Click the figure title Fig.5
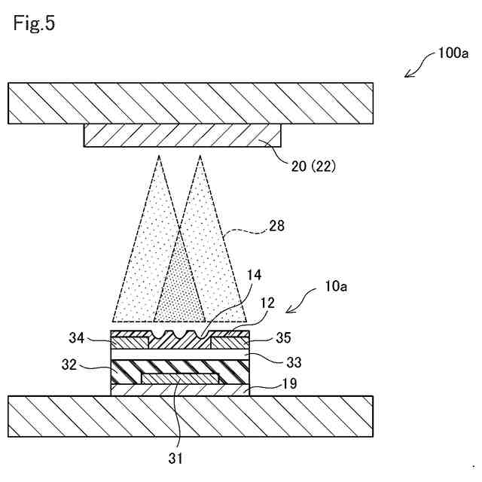tap(35, 23)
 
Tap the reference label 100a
tap(453, 53)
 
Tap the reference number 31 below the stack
tap(175, 456)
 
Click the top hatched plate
tap(189, 102)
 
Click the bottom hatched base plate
tap(189, 415)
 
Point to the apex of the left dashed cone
tap(160, 156)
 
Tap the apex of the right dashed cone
tap(200, 156)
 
